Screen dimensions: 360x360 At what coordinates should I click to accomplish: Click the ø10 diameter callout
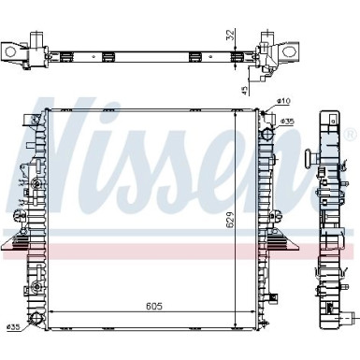(x=283, y=101)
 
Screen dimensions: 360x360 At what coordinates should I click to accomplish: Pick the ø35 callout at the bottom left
(x=12, y=327)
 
